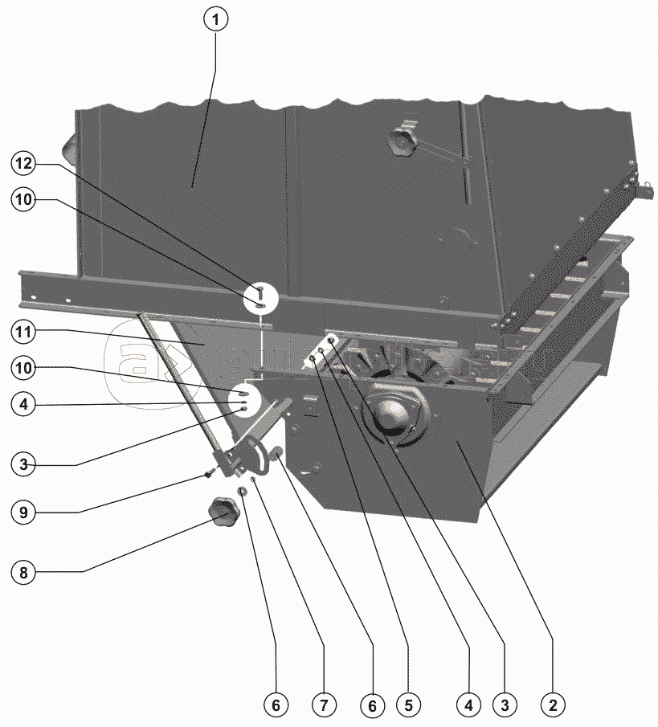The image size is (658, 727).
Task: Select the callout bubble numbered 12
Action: [24, 163]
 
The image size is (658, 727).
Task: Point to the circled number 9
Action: [24, 510]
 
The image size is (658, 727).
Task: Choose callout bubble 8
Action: [24, 572]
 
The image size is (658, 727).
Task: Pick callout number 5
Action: [407, 706]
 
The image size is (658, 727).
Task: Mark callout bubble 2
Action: [552, 706]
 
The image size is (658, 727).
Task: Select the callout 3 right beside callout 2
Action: [505, 706]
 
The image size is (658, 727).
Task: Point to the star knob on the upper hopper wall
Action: [402, 141]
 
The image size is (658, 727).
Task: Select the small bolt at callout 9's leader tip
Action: [208, 475]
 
